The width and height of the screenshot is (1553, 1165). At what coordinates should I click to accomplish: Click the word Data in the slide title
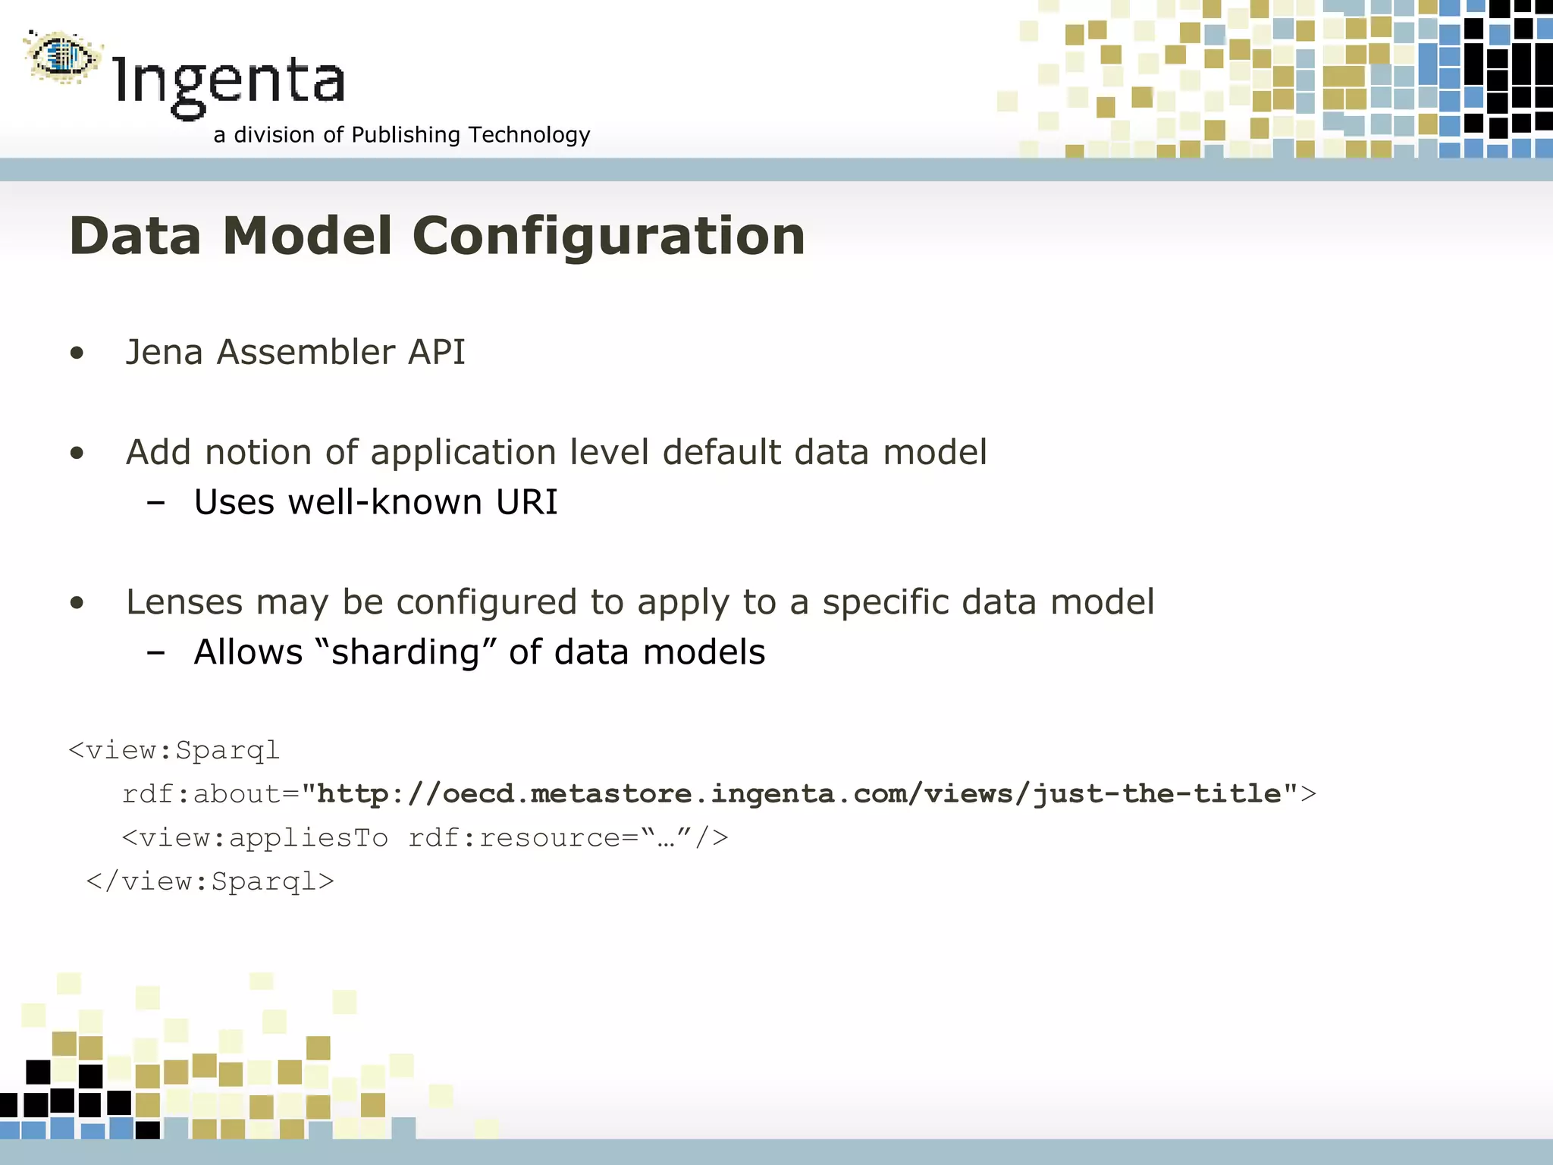point(135,236)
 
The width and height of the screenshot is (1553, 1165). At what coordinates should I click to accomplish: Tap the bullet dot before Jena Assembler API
point(77,353)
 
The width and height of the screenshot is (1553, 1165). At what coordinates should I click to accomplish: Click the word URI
point(526,502)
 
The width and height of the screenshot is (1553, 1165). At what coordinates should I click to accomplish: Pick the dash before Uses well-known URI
point(156,503)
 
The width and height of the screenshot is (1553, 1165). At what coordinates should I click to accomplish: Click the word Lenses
point(184,602)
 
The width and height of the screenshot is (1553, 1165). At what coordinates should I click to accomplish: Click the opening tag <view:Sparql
point(174,750)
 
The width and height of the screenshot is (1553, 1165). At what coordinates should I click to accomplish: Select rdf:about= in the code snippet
point(211,794)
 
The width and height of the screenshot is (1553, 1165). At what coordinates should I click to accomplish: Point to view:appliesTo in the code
point(263,838)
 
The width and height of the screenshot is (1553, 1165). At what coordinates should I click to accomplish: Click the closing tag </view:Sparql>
point(210,881)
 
